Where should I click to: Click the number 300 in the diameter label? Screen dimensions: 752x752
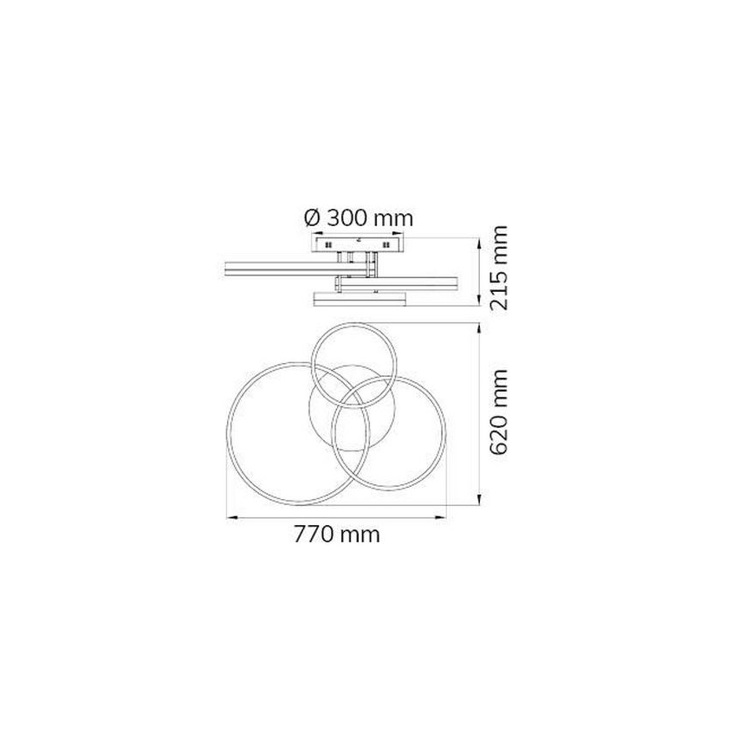pos(347,218)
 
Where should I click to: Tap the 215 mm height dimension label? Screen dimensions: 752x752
pos(499,267)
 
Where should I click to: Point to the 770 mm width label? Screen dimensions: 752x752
pos(337,534)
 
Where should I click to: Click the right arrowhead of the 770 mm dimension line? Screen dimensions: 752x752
pos(440,517)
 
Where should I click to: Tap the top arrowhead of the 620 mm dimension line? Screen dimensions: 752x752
pos(480,329)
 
